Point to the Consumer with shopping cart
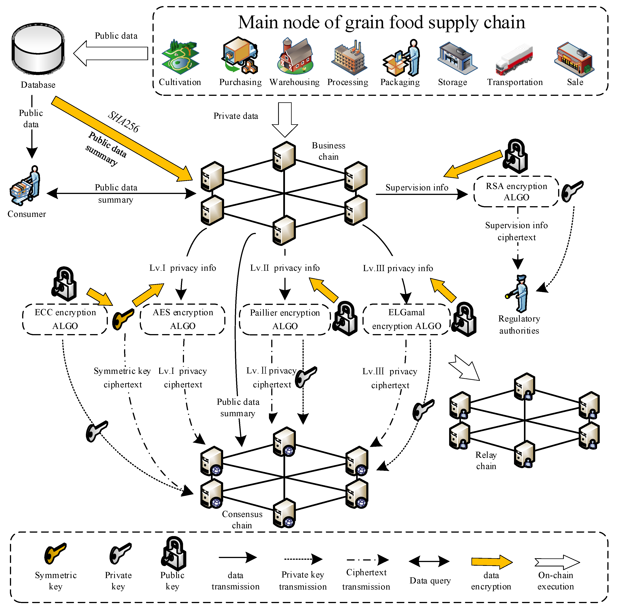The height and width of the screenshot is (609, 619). pos(26,186)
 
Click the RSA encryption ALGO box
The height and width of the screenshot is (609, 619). pos(516,191)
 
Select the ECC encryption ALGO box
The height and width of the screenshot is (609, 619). pos(65,319)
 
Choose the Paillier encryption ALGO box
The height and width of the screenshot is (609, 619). pos(285,319)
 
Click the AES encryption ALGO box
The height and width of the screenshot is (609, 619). pos(182,319)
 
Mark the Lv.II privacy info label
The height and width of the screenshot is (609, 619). pos(285,268)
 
